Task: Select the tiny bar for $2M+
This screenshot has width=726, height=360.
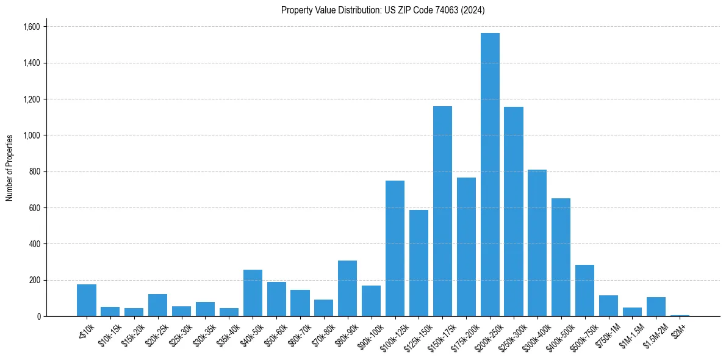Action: [680, 315]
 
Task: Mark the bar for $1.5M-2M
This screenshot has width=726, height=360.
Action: [656, 307]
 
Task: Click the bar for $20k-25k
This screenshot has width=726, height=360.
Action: [157, 305]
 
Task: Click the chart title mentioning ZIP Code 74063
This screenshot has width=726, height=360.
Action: [383, 10]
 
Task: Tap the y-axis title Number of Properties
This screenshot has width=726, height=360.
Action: [10, 167]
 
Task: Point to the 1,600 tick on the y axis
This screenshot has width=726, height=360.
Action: [31, 27]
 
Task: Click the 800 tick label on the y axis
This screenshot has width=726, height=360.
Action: [35, 171]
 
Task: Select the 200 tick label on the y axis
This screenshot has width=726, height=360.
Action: [35, 280]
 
